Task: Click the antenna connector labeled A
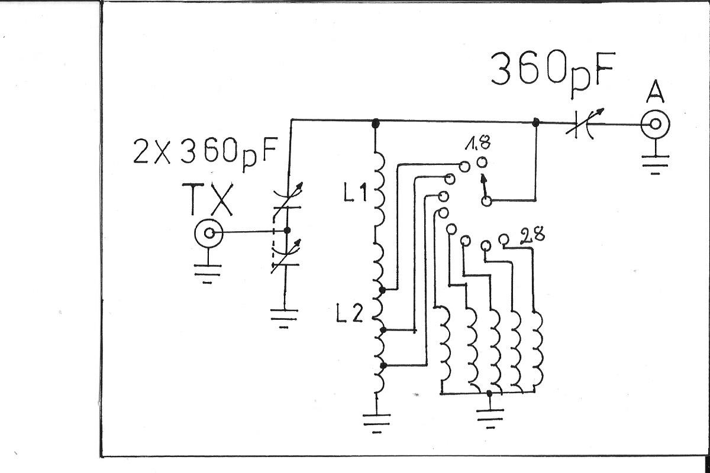(656, 124)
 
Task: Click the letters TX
(208, 199)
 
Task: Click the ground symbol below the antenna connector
(655, 164)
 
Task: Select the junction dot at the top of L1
(375, 124)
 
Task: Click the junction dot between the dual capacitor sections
(287, 231)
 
